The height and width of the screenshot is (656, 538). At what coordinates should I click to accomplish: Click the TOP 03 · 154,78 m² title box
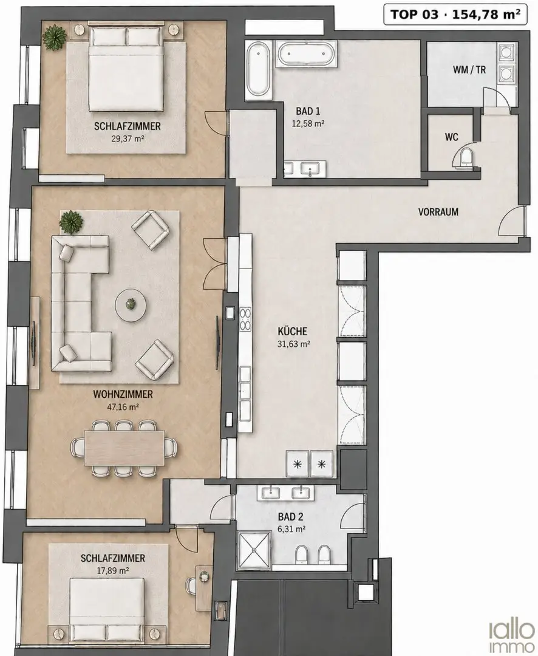(455, 14)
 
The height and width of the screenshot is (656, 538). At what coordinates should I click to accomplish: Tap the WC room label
(451, 137)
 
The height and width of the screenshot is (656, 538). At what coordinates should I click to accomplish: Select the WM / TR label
(469, 69)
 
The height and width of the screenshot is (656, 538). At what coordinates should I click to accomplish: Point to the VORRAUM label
(438, 212)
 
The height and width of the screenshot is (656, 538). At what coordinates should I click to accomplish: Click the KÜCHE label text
(293, 332)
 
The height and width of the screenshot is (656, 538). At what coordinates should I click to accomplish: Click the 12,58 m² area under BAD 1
(308, 124)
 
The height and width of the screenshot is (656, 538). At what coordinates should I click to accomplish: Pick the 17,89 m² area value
(113, 570)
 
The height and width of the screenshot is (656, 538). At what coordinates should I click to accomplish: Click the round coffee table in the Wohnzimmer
(131, 306)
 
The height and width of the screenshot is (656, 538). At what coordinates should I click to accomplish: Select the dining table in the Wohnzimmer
(124, 448)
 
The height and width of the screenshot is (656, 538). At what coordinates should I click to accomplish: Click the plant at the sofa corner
(70, 221)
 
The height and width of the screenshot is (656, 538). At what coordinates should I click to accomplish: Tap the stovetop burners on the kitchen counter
(245, 319)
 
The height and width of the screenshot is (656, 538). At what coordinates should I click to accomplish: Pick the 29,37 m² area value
(128, 138)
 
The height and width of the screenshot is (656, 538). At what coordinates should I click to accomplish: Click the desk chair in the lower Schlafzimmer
(192, 584)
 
